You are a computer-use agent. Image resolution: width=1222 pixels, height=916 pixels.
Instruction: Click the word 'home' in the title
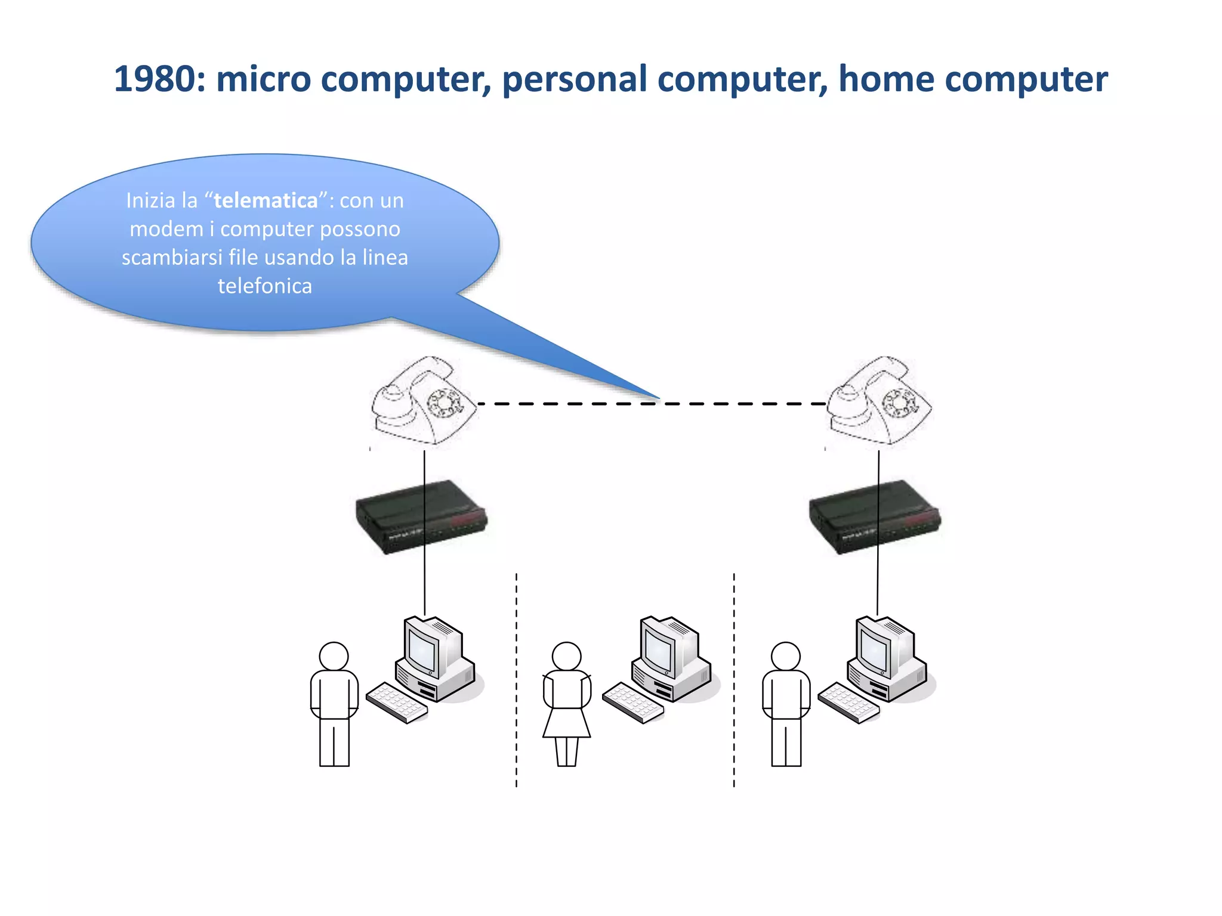pyautogui.click(x=885, y=79)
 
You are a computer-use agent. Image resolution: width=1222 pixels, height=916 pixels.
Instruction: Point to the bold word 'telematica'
pyautogui.click(x=266, y=200)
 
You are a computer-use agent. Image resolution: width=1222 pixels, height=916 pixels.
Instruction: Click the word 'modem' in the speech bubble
pyautogui.click(x=166, y=229)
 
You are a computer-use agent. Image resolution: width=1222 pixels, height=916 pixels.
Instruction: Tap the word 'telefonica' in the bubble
pyautogui.click(x=265, y=286)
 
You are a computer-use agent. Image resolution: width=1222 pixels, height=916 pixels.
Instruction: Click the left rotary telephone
pyautogui.click(x=423, y=400)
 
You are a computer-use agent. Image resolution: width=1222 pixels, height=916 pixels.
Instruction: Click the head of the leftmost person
pyautogui.click(x=334, y=657)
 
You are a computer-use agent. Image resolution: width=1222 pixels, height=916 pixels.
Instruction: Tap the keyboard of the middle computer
pyautogui.click(x=632, y=703)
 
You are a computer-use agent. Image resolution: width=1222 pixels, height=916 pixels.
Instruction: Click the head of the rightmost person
pyautogui.click(x=786, y=657)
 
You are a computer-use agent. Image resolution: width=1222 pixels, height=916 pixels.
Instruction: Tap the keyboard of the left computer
pyautogui.click(x=396, y=703)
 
